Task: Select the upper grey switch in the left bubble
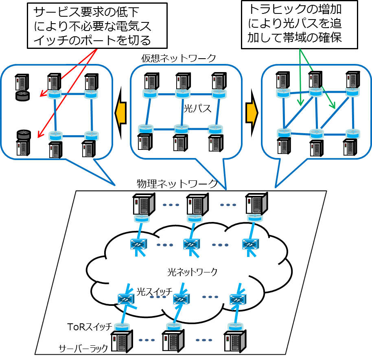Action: coord(23,96)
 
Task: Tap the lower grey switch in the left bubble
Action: coord(23,135)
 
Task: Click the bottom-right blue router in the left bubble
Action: coord(92,136)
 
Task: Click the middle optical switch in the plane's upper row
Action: coord(191,244)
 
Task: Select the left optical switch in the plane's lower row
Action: coord(126,300)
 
